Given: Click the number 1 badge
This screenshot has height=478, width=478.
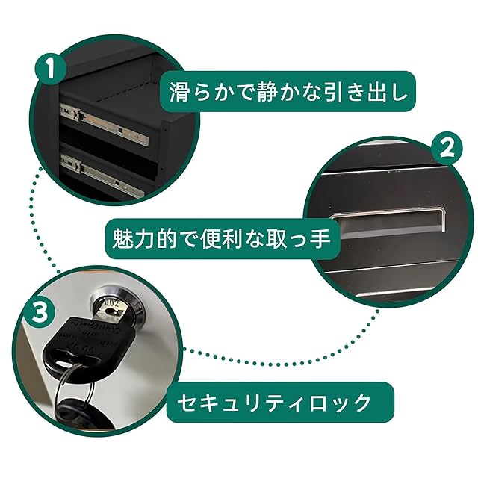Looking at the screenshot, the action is coord(50,68).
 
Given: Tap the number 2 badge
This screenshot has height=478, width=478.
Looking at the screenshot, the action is coord(447,149).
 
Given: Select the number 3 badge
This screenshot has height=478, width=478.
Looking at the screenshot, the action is coord(40,311).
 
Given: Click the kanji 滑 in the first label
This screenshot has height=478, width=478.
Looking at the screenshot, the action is coord(180,91).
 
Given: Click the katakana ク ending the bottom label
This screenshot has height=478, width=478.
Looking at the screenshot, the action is coord(361,403).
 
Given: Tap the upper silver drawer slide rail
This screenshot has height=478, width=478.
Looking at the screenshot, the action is coord(105,124).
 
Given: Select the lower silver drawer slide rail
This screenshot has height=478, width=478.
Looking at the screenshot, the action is coord(102,176).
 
